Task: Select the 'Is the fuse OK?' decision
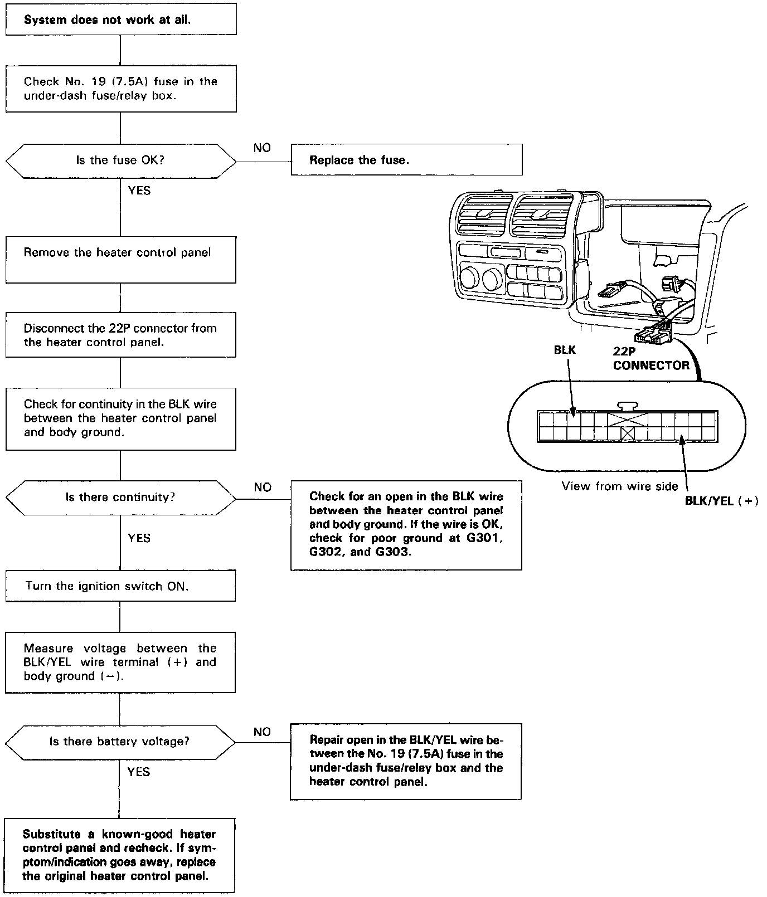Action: coord(120,160)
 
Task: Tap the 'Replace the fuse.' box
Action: coord(406,160)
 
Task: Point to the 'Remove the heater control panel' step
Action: coord(120,259)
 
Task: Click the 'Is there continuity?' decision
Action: coord(120,497)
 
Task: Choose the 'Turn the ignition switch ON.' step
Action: coord(120,586)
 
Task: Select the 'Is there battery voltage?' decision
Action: coord(120,742)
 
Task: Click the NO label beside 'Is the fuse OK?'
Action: coord(262,148)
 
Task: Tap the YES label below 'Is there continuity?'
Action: coord(139,538)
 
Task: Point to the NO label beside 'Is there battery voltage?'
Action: coord(262,732)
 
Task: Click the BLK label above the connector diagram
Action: coord(565,350)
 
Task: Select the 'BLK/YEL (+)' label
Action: coord(721,500)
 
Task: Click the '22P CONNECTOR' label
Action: coord(651,359)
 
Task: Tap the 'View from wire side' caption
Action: coord(620,486)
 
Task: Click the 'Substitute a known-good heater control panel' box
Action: coord(119,855)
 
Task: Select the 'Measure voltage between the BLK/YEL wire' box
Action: coord(120,662)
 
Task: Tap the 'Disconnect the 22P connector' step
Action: coord(120,335)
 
